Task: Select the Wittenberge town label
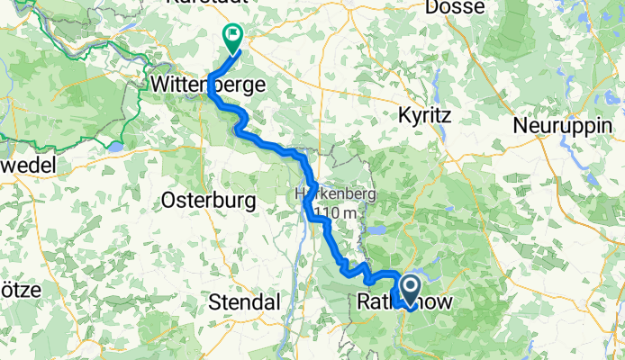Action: pos(208,85)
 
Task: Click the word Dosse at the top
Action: pos(457,7)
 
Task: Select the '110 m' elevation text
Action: pos(319,211)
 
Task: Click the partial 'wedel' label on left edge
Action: pos(27,165)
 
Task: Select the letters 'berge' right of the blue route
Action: pos(240,85)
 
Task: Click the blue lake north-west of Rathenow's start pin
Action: pos(378,230)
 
